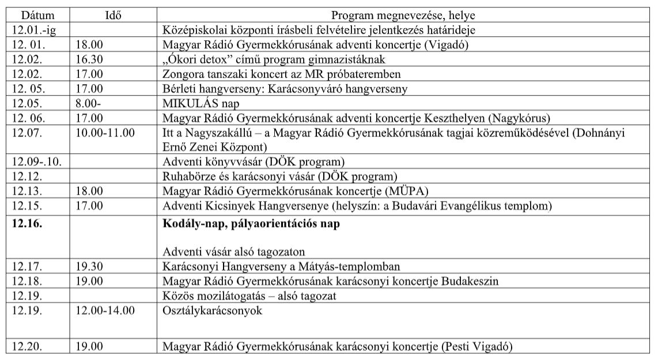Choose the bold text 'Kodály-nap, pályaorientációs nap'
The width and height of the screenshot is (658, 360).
coord(251,224)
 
